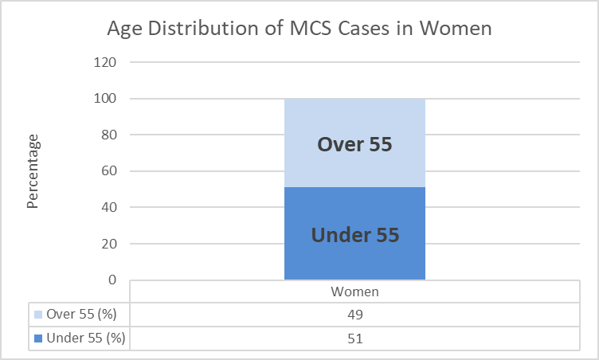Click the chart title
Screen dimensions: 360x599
point(299,29)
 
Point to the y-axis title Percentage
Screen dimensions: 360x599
point(33,171)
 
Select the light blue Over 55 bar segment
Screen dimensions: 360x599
point(354,143)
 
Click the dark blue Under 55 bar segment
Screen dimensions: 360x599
point(354,234)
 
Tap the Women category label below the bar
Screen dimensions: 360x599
point(354,292)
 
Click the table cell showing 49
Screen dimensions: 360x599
point(354,315)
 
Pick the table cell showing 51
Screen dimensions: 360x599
point(354,338)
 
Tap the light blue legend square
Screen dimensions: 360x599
point(37,315)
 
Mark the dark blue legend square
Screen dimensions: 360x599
point(37,338)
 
